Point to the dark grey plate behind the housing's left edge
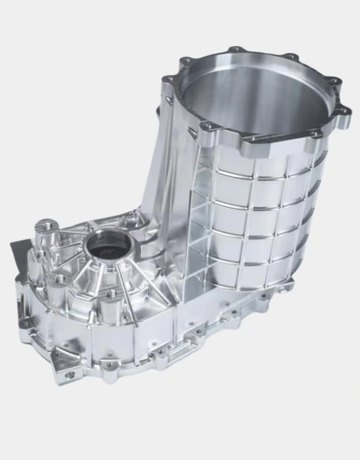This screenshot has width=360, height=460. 17,253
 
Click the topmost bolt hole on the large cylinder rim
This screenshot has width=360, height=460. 234,50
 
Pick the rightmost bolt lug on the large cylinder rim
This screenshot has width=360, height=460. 344,112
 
